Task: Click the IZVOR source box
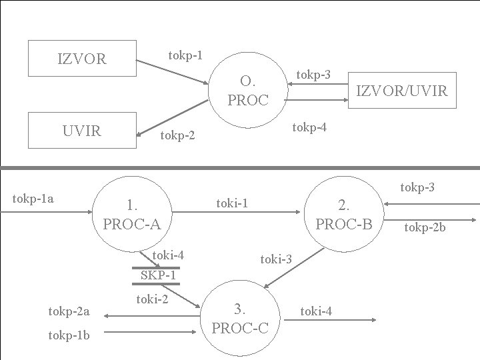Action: point(82,59)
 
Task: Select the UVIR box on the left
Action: point(82,131)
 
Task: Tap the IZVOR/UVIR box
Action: point(403,90)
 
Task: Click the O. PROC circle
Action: point(248,91)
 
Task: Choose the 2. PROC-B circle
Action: point(344,214)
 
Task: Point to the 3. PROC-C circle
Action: point(240,318)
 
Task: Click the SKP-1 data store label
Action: point(158,275)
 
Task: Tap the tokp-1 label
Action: point(186,55)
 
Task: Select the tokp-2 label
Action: point(177,136)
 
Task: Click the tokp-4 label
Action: point(310,127)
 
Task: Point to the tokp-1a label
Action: point(33,198)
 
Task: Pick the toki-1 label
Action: point(232,203)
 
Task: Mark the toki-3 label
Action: point(276,258)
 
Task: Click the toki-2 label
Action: point(152,299)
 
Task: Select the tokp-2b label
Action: point(425,228)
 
